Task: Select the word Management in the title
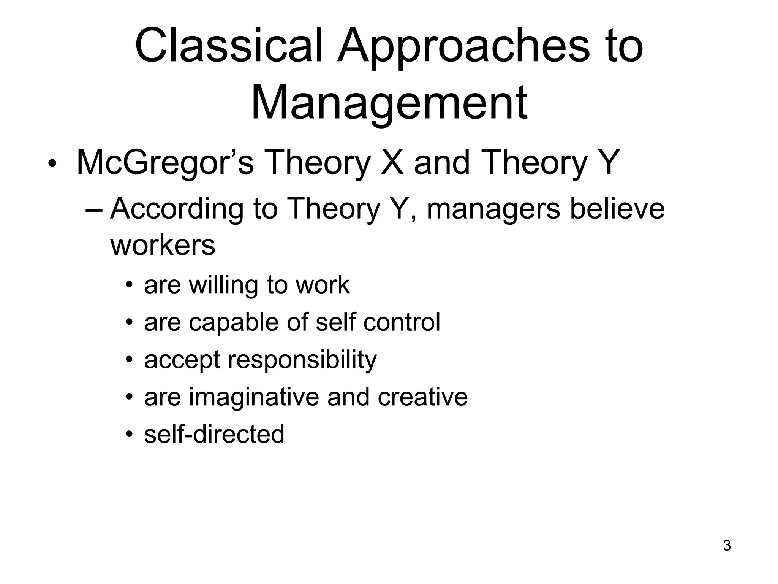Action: point(389,103)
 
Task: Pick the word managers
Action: point(493,209)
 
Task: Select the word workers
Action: point(163,245)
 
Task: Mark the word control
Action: point(402,322)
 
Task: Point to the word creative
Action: point(422,397)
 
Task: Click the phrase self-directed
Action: point(214,434)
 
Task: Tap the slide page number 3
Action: point(726,546)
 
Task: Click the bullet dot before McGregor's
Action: point(52,164)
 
